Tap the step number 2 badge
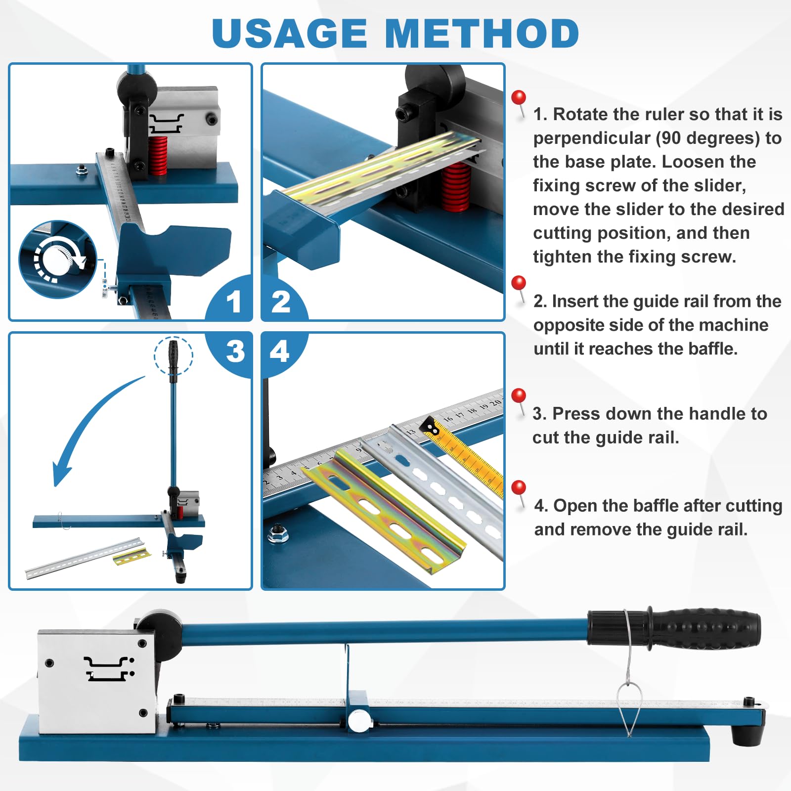[x=281, y=301]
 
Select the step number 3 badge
[x=235, y=352]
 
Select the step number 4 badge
[x=280, y=352]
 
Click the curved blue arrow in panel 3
[x=89, y=425]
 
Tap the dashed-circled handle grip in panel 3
[x=173, y=356]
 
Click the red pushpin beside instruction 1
[x=519, y=98]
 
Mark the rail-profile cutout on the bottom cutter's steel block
[x=109, y=668]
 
